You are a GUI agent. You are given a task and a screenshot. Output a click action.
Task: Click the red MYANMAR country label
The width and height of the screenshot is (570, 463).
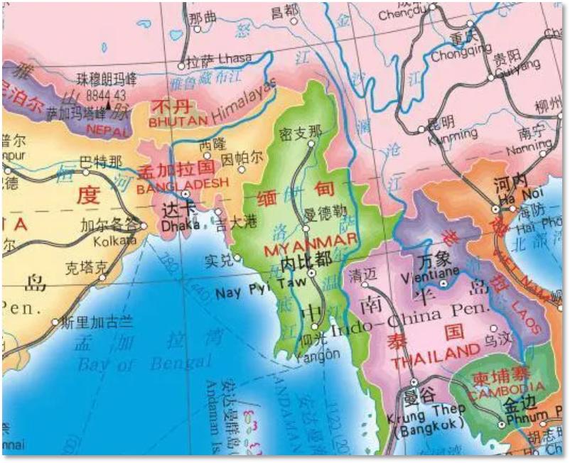click(x=311, y=247)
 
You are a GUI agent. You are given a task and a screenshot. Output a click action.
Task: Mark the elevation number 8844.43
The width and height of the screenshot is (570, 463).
click(x=104, y=94)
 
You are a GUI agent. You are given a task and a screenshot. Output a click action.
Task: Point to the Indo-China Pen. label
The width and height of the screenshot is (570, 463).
click(x=409, y=310)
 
